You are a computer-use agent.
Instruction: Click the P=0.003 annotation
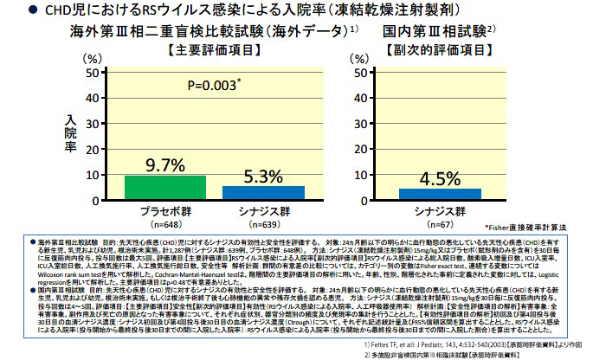213,87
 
